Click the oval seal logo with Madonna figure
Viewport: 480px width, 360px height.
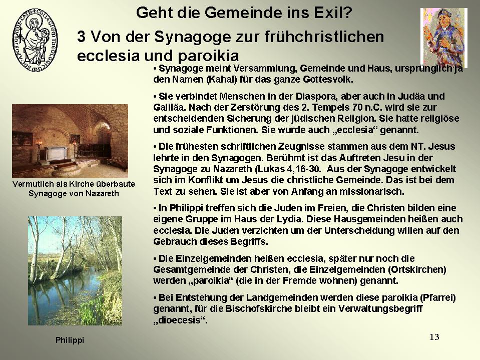coord(35,40)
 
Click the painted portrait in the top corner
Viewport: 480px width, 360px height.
coord(443,38)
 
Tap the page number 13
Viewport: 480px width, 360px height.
coord(434,337)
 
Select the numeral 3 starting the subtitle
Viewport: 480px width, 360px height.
coord(81,37)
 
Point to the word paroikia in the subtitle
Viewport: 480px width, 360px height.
coord(208,56)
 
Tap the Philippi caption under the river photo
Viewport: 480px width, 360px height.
coord(70,340)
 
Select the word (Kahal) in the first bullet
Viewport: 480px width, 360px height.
coord(222,80)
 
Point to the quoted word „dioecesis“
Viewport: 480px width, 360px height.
coord(180,320)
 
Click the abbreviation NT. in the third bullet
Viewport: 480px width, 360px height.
coord(418,147)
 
